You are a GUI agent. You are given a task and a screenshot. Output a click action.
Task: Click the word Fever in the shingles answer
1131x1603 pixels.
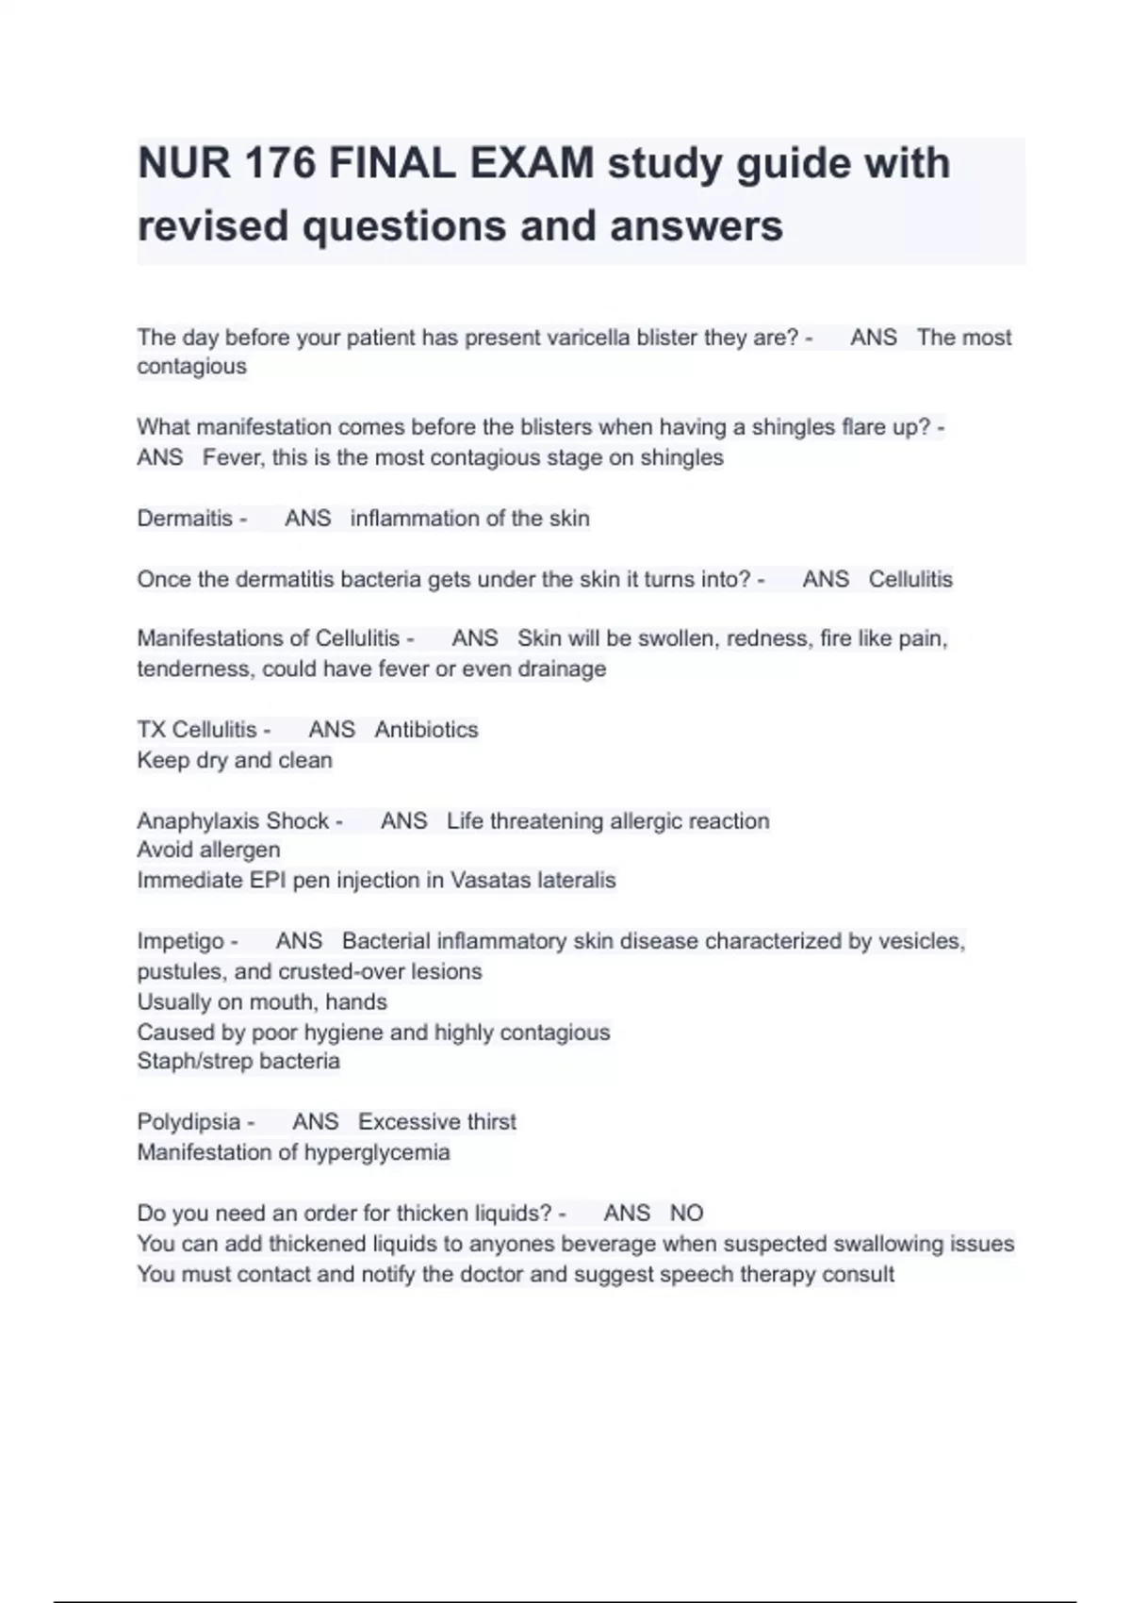point(233,457)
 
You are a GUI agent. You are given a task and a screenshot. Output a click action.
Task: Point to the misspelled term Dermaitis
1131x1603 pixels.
point(185,518)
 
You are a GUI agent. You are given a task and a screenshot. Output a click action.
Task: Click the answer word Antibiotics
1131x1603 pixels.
point(426,729)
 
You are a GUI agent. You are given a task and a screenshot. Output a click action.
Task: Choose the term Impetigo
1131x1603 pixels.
point(180,941)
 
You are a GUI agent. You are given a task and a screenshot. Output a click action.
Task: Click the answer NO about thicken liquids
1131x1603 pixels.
point(686,1213)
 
